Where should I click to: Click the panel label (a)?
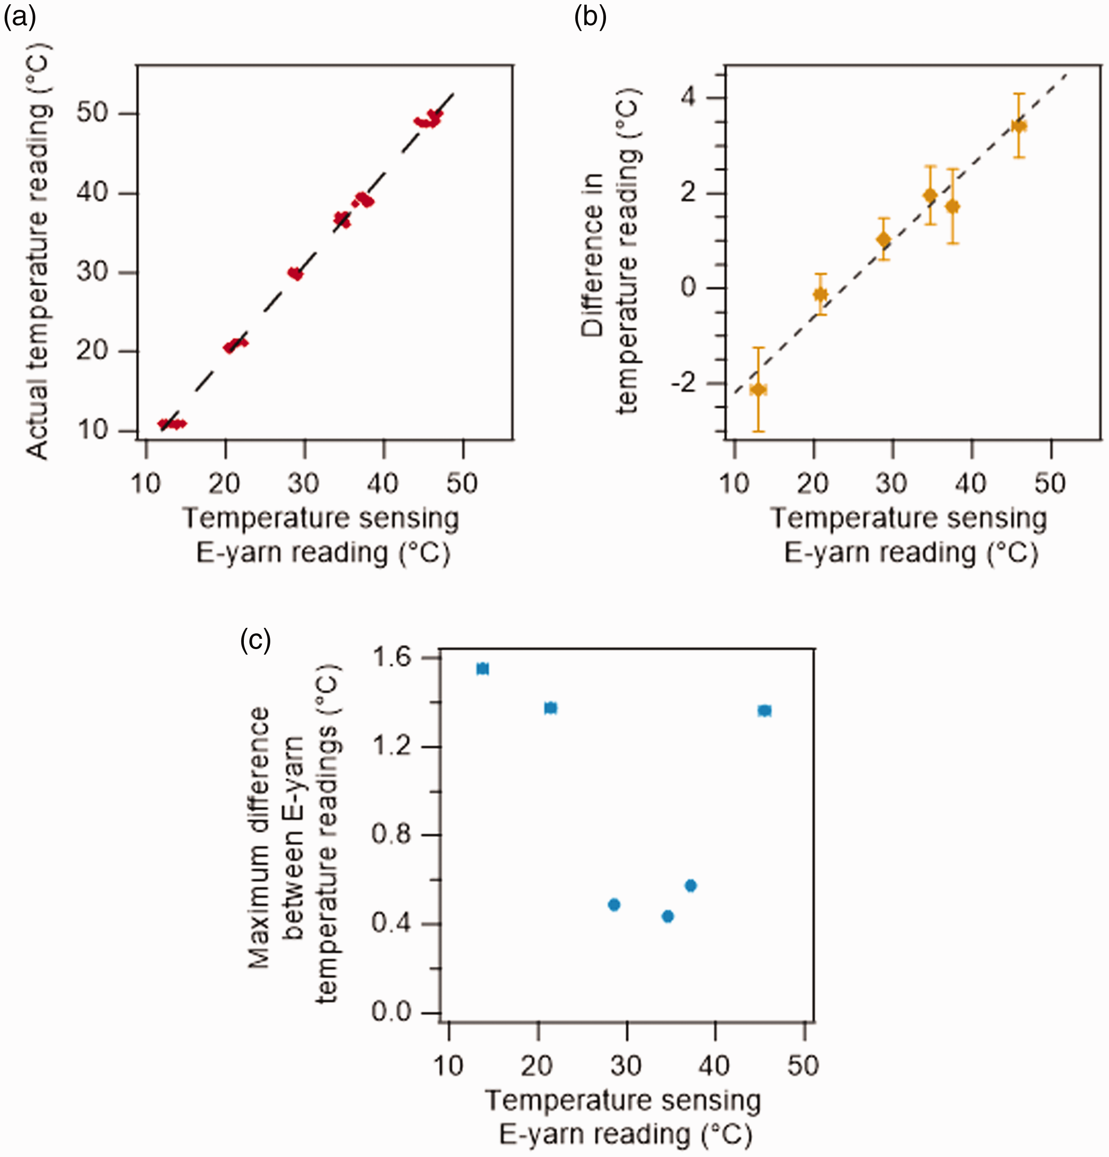click(20, 18)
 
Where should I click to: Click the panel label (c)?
click(255, 640)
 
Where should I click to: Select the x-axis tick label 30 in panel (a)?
click(303, 484)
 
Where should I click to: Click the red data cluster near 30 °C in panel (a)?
click(295, 274)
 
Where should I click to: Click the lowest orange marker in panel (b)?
click(758, 389)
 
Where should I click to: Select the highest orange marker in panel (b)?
click(1019, 125)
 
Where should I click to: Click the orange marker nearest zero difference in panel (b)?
click(820, 294)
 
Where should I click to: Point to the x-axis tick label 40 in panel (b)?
click(970, 484)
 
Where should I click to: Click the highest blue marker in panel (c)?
click(483, 669)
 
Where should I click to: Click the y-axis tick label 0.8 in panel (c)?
click(392, 835)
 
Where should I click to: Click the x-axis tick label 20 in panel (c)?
click(537, 1066)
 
